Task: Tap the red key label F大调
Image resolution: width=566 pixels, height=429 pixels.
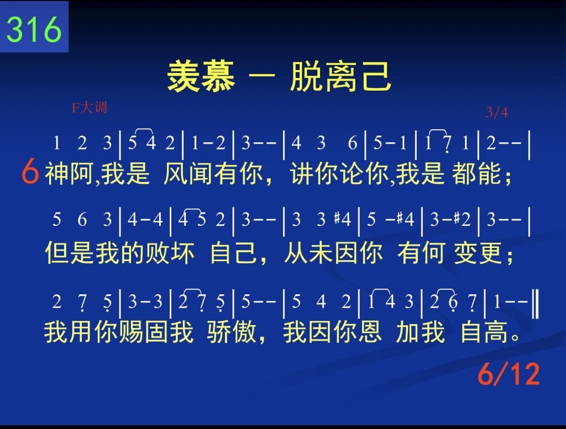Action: click(89, 108)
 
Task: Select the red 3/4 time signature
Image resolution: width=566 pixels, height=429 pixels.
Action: click(497, 113)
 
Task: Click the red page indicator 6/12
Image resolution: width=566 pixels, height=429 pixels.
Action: click(509, 374)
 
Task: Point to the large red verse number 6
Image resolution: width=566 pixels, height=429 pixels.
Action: click(30, 172)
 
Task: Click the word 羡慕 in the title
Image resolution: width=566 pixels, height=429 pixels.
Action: click(201, 76)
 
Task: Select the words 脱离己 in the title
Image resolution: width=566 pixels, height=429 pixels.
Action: click(340, 76)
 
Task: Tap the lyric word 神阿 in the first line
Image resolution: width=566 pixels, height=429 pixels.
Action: click(69, 173)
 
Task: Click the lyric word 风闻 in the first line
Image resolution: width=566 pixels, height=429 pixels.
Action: click(188, 173)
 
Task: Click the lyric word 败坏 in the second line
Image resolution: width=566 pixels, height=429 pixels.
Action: click(170, 253)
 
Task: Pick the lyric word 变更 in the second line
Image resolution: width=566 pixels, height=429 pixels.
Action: click(478, 253)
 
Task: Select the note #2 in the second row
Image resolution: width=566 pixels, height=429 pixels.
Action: click(463, 219)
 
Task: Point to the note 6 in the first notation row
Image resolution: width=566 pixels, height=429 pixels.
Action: click(352, 143)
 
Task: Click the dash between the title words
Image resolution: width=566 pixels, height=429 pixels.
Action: click(262, 76)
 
